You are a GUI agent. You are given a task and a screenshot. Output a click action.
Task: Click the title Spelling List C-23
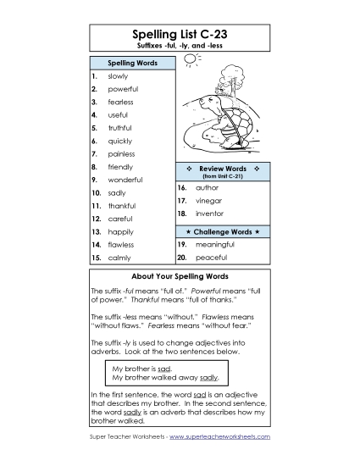click(180, 33)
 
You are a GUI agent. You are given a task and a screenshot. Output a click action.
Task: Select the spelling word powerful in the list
click(124, 88)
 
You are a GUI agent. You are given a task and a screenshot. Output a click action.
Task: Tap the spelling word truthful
click(121, 128)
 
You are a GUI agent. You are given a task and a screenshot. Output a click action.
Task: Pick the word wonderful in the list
click(125, 180)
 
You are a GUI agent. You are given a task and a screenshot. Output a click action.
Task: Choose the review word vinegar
click(209, 201)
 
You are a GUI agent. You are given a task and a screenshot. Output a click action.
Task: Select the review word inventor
click(209, 214)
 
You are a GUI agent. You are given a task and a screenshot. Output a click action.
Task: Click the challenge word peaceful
click(210, 257)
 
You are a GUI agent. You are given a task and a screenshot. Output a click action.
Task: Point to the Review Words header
click(222, 170)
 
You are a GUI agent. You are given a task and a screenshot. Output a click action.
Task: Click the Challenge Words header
click(222, 231)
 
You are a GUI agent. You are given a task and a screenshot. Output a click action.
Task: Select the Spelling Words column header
click(131, 64)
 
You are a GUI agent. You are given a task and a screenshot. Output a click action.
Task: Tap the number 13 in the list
click(97, 231)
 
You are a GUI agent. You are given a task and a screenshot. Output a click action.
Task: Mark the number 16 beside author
click(181, 187)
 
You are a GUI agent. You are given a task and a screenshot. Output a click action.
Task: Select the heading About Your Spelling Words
click(180, 277)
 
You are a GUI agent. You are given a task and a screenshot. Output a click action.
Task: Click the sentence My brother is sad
click(142, 369)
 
